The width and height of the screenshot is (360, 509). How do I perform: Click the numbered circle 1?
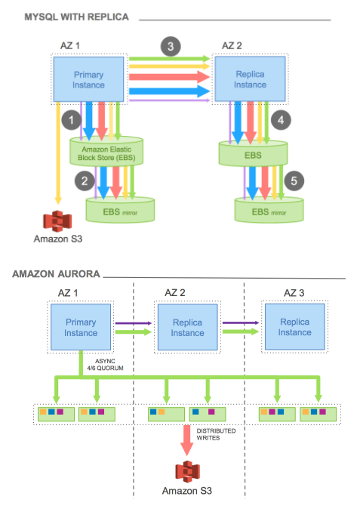pos(72,119)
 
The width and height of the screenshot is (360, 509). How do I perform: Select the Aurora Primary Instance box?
pos(81,327)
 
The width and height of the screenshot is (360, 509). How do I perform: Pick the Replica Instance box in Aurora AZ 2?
pos(186,327)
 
